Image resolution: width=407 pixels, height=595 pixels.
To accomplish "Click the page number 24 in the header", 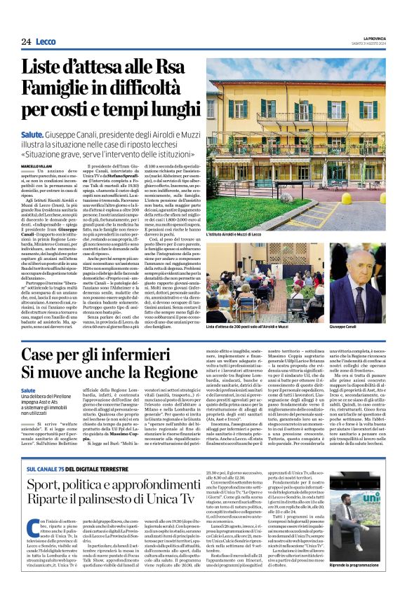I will [x=26, y=42].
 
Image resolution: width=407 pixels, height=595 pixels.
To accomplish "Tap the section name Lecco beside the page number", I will [x=46, y=42].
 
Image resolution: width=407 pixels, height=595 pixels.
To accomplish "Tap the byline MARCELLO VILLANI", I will [x=36, y=165].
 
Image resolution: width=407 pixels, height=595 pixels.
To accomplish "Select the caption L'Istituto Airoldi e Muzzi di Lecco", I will [x=238, y=234].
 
